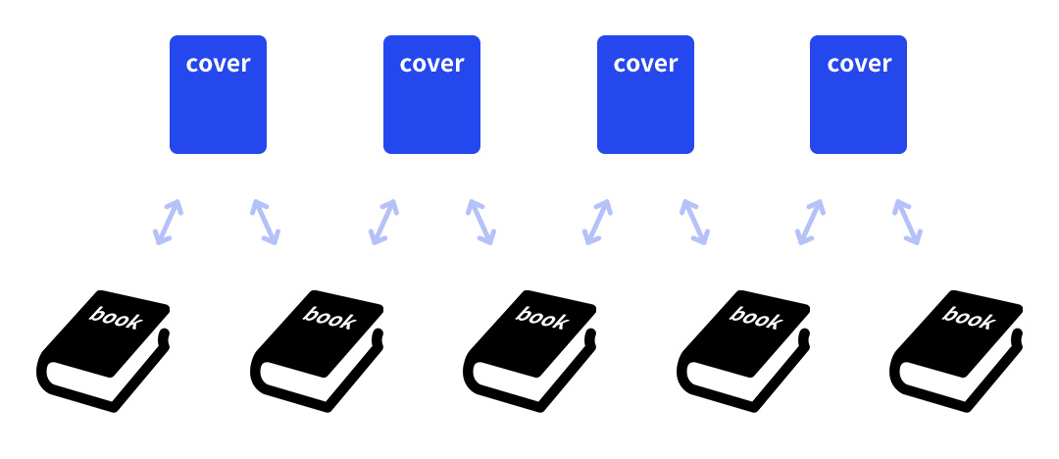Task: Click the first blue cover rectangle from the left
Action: point(218,95)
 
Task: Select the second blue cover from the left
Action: point(431,95)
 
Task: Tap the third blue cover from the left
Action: point(645,95)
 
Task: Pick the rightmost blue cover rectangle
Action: point(858,95)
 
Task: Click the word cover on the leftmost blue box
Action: point(218,64)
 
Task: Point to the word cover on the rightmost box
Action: point(859,64)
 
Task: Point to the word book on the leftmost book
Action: point(115,318)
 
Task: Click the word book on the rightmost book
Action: point(968,318)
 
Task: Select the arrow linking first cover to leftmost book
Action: point(168,222)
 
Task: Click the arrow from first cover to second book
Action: point(265,222)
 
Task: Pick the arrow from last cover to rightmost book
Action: point(907,222)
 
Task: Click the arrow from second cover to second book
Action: point(383,222)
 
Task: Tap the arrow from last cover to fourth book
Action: point(810,222)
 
